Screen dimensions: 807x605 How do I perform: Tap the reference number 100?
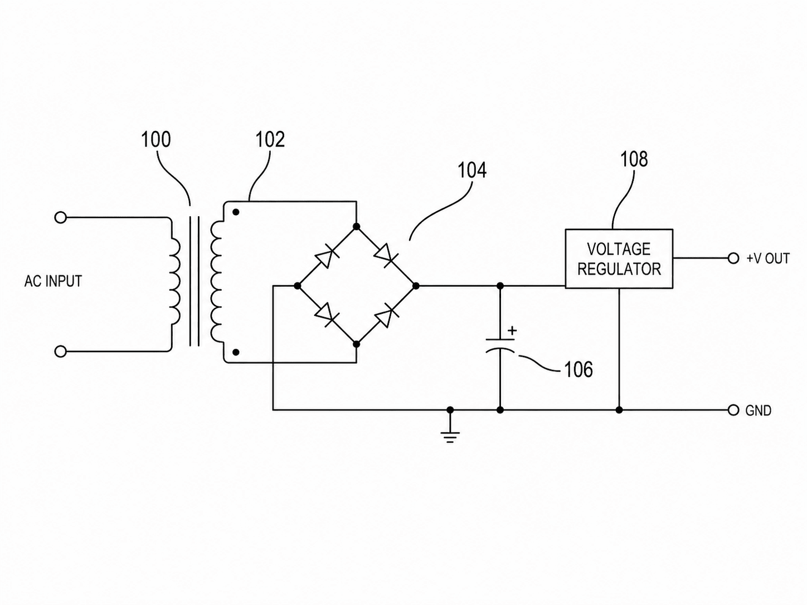[156, 140]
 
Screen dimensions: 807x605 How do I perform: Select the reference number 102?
[270, 140]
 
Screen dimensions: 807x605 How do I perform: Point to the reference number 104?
[471, 170]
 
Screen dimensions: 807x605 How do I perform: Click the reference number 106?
[578, 369]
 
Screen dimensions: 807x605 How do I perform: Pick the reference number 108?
[634, 159]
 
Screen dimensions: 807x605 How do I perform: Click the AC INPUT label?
[53, 281]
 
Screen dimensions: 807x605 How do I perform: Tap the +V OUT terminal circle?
[733, 258]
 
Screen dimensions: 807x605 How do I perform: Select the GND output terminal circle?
[733, 411]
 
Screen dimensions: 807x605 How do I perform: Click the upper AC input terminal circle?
[61, 218]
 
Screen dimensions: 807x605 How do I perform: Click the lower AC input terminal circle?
[61, 352]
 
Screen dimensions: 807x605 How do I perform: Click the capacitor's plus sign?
[512, 331]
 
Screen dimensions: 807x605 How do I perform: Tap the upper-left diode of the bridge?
[327, 256]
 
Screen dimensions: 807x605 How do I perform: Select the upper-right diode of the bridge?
[386, 256]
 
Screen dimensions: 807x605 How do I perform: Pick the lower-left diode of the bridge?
[327, 315]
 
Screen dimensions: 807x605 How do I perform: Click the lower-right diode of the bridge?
[386, 315]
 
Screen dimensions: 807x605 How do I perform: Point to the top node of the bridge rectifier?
[356, 227]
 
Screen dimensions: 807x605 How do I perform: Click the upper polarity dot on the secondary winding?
[236, 212]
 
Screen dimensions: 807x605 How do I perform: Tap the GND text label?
[758, 411]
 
